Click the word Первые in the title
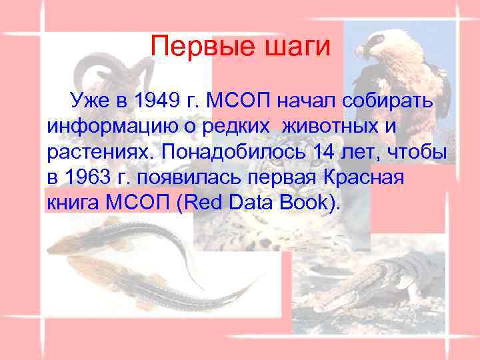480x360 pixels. (x=194, y=47)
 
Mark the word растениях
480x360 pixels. (x=100, y=152)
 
